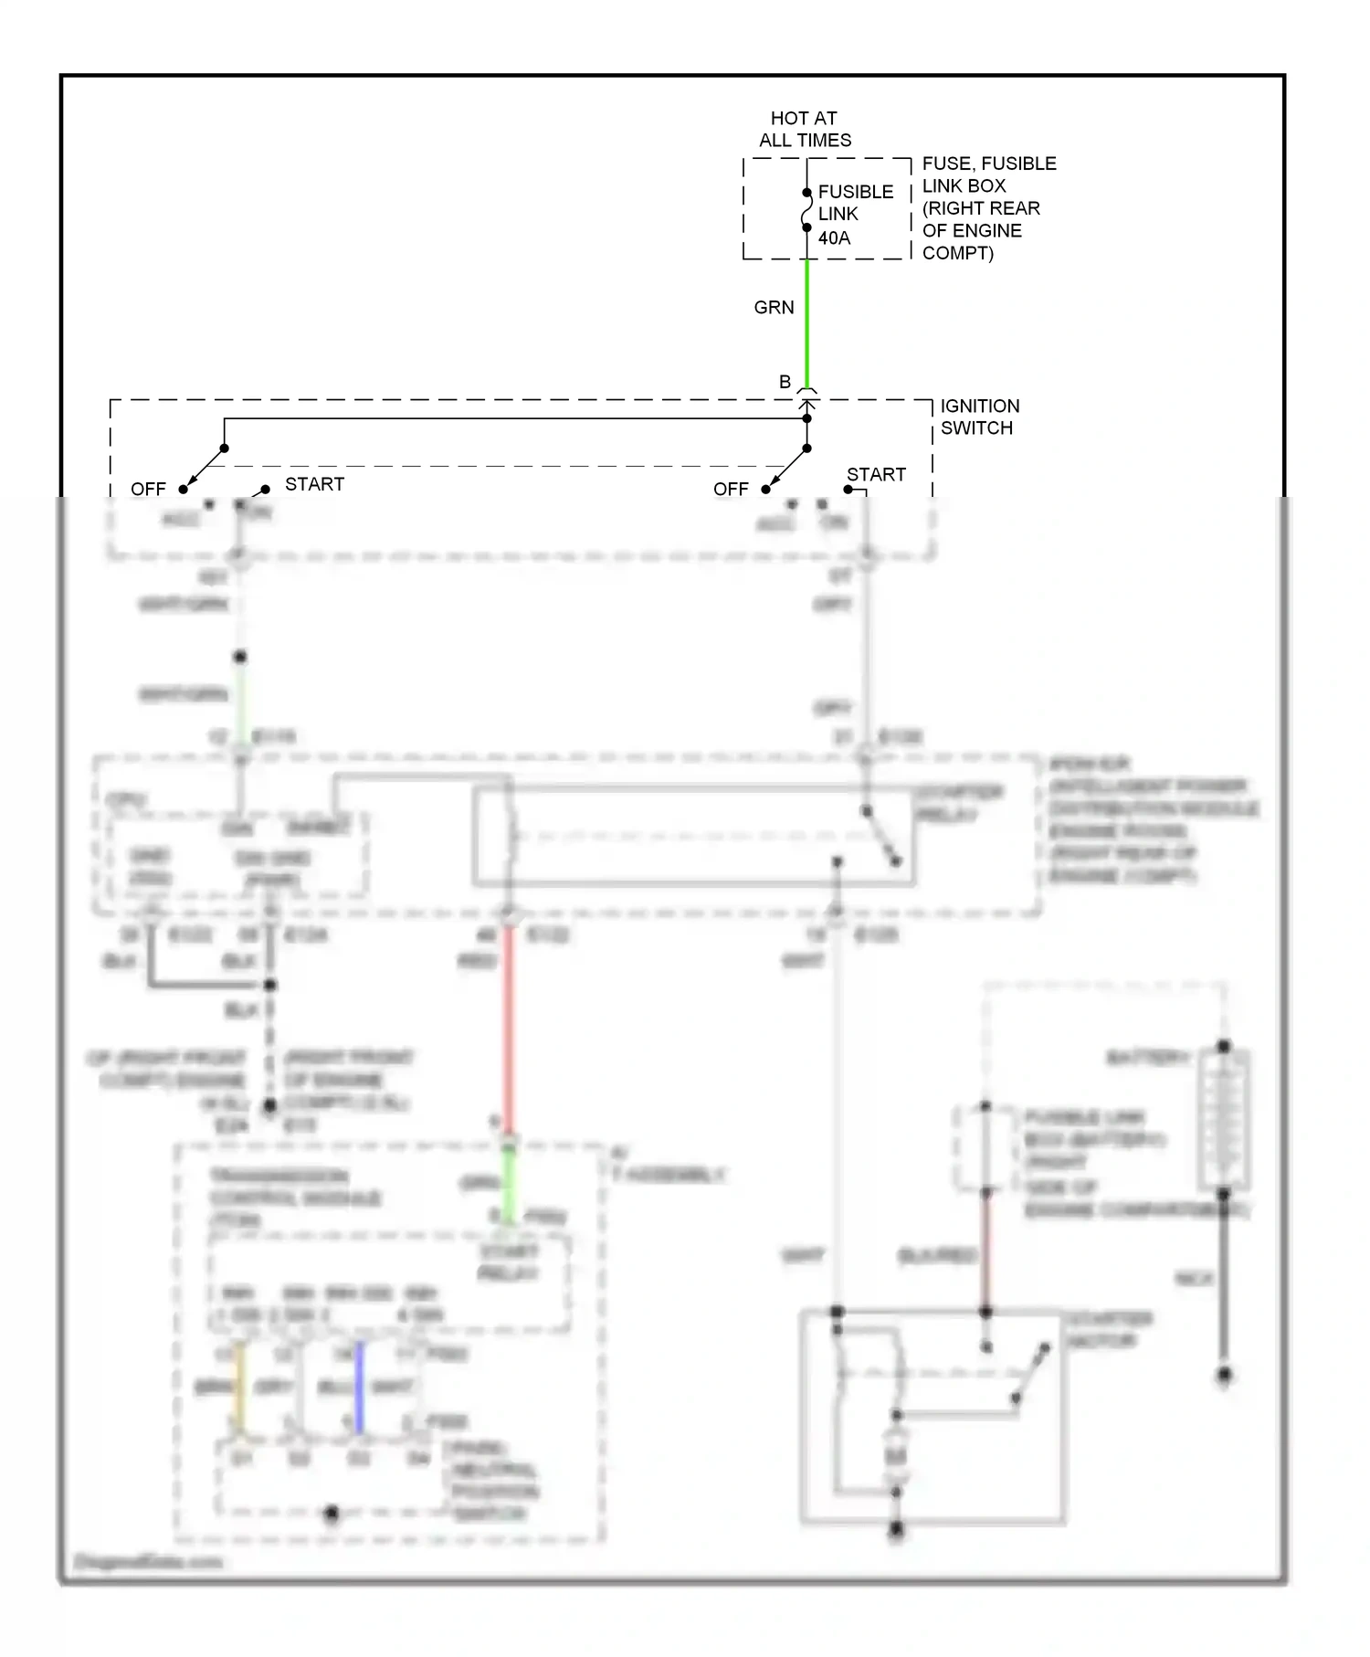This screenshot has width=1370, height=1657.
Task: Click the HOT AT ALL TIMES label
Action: tap(805, 129)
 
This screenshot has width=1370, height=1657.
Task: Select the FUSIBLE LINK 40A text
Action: tap(855, 215)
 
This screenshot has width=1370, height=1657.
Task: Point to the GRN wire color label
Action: tap(774, 308)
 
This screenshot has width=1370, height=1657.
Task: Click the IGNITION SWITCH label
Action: tap(979, 417)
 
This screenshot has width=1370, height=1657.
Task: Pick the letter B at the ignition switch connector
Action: tap(785, 382)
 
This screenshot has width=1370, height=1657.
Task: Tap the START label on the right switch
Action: tap(876, 475)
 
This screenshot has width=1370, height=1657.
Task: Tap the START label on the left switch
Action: tap(314, 484)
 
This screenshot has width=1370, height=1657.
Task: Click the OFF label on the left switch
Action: tap(148, 490)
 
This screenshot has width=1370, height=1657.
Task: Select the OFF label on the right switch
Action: tap(731, 490)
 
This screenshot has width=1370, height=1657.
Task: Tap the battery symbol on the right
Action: tap(1224, 1119)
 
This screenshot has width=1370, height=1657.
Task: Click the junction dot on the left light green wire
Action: tap(240, 657)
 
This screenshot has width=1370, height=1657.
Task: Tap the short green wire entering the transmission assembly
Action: tap(509, 1183)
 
